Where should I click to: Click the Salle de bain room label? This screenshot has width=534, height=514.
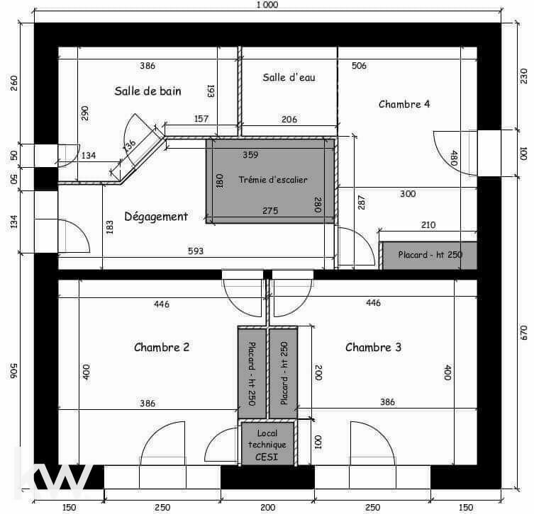coord(148,91)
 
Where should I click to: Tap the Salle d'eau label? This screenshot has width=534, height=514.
coord(289,77)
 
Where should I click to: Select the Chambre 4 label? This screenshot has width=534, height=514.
coord(404,104)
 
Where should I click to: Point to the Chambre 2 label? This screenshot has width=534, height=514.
coord(162,347)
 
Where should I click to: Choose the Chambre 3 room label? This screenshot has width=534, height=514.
coord(373,347)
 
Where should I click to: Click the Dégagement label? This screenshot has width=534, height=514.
coord(156,217)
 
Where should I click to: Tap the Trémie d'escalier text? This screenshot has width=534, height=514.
coord(273,180)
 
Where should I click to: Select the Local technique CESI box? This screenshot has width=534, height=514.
coord(267,444)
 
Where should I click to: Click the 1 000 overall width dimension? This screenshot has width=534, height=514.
coord(267,5)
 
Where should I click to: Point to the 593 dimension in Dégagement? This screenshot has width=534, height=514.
coord(196,251)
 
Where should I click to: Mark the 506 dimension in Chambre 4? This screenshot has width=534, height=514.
coord(359,66)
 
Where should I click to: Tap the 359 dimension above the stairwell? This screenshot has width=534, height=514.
coord(250,154)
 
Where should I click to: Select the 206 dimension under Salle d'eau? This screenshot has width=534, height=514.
coord(289,120)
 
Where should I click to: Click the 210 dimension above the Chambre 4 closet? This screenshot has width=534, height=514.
coord(428,224)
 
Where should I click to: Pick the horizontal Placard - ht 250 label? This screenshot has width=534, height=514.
coord(430,255)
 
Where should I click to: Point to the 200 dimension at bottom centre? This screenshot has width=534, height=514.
coord(267,508)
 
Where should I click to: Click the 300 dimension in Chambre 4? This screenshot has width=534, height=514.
coord(408,194)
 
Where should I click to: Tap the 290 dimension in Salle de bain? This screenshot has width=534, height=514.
coord(85,113)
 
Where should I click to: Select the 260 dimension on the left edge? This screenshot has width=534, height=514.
coord(13,83)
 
